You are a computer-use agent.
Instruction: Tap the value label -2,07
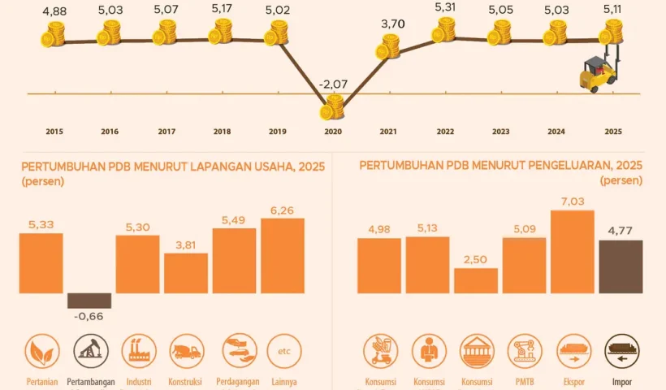(x=333, y=84)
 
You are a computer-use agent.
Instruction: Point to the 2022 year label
(x=445, y=132)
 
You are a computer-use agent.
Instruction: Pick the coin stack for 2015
(x=54, y=36)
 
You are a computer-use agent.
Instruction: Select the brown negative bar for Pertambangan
(x=89, y=300)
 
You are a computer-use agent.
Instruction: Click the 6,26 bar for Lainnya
(x=283, y=255)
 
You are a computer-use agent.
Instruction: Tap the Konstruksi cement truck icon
(x=186, y=351)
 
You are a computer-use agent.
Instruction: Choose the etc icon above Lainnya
(x=283, y=351)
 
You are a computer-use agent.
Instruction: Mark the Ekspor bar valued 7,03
(x=573, y=251)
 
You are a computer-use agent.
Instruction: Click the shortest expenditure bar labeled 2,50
(x=476, y=280)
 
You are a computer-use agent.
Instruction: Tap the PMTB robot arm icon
(x=525, y=351)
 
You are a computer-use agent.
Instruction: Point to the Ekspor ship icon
(x=573, y=351)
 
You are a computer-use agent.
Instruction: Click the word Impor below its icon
(x=621, y=381)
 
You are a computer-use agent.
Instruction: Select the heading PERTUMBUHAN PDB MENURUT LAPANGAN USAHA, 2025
(x=173, y=167)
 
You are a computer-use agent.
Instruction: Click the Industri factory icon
(x=138, y=351)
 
